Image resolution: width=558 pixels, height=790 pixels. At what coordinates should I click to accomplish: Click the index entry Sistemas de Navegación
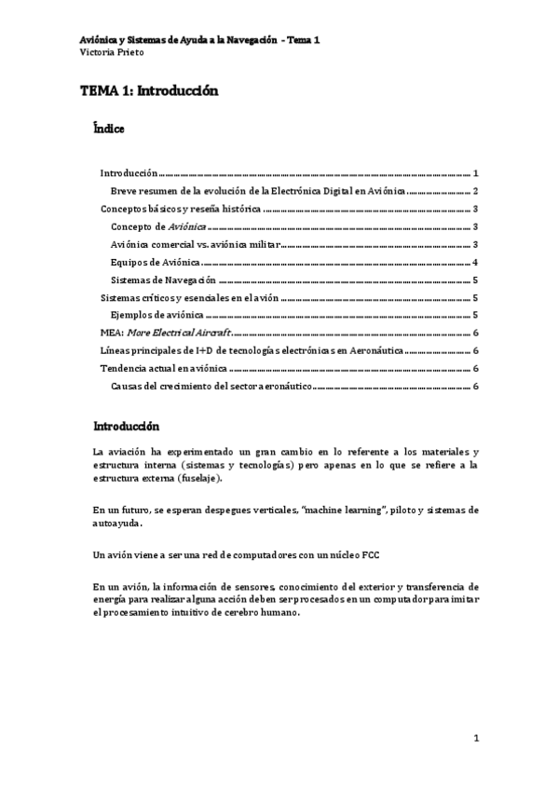point(163,280)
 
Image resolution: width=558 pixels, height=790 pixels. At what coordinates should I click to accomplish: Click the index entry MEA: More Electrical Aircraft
point(165,333)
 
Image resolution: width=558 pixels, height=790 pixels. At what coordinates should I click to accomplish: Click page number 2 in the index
point(475,191)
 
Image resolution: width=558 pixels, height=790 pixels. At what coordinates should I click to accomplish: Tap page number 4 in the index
point(475,264)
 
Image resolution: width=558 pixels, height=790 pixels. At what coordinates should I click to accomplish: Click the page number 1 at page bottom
point(475,739)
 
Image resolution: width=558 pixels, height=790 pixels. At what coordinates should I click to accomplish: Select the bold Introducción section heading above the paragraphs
point(126,427)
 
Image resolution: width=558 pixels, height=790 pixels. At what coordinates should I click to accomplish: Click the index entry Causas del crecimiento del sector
point(213,387)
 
